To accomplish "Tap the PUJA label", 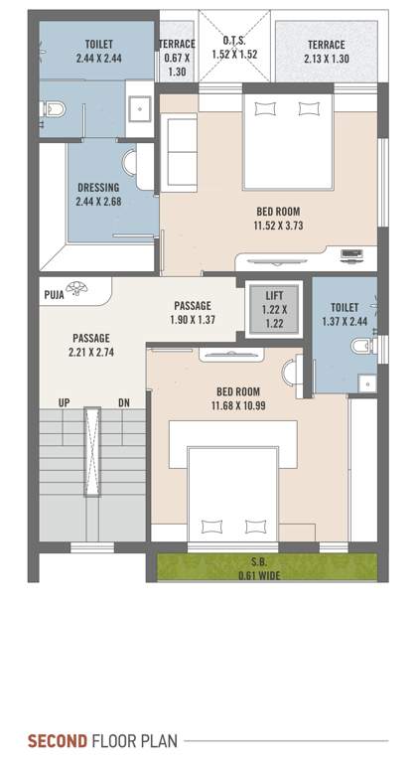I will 55,294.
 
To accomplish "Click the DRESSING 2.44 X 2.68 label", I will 97,194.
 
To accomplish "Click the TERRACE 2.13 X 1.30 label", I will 326,52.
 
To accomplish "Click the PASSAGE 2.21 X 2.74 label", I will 90,346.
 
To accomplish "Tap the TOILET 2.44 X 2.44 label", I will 98,52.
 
